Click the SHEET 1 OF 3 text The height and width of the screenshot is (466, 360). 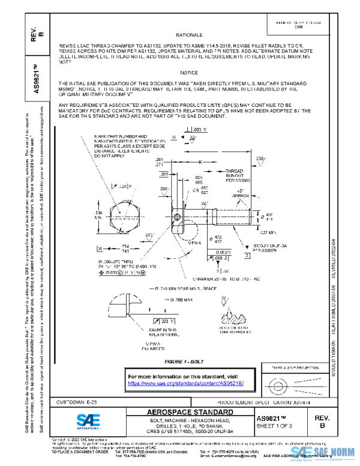278,426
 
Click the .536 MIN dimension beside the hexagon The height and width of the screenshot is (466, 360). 98,215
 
